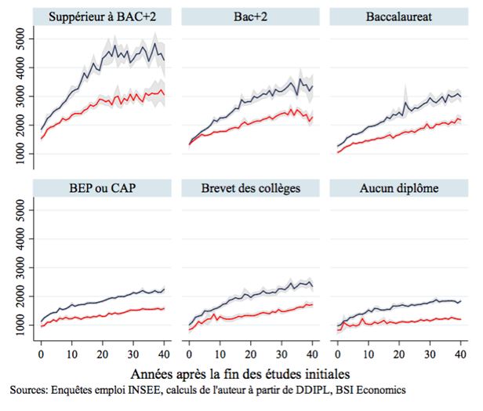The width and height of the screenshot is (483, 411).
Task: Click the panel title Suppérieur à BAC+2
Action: click(101, 16)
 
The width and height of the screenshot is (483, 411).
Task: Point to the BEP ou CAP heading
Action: click(101, 187)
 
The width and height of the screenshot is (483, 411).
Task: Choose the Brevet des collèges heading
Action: click(251, 187)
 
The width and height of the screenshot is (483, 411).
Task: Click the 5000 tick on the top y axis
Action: click(24, 38)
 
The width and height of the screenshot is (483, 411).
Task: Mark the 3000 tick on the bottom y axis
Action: click(24, 267)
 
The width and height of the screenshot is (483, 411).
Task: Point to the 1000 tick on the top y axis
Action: click(24, 155)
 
